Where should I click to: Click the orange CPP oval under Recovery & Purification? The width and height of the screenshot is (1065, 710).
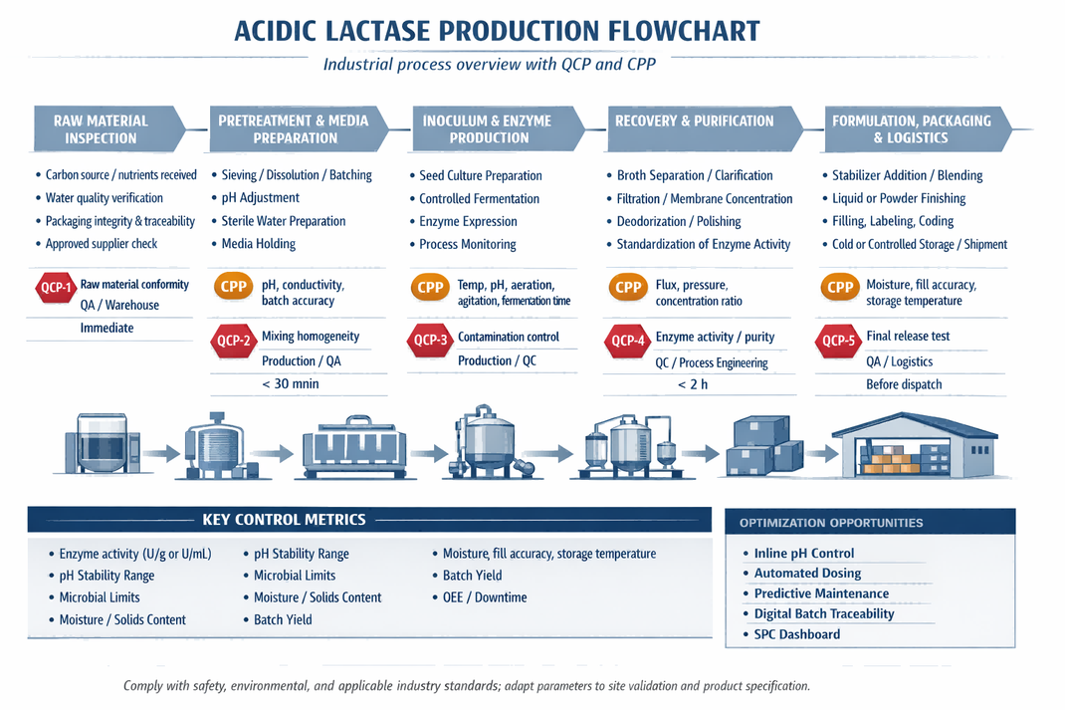click(x=628, y=288)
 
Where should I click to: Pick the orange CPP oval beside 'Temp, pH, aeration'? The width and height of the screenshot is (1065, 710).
click(x=430, y=288)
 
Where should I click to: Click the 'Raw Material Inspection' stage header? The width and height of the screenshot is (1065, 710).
click(x=101, y=129)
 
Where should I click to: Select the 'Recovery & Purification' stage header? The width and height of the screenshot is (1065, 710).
click(x=694, y=120)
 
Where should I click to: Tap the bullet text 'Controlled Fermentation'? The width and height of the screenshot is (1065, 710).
click(x=479, y=198)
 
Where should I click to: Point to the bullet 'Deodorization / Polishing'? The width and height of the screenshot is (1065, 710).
click(x=679, y=221)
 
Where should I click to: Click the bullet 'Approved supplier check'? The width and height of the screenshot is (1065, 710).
click(x=101, y=244)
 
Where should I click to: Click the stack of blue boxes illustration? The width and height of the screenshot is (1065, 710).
click(x=763, y=445)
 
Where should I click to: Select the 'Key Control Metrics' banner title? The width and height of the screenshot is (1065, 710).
click(x=284, y=520)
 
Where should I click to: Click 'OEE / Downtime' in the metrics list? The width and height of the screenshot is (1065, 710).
click(x=485, y=597)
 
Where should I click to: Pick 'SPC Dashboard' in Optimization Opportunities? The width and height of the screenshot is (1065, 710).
click(x=796, y=634)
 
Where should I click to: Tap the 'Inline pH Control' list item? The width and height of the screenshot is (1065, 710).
click(x=803, y=554)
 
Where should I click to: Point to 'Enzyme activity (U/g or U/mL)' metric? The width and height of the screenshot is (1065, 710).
click(x=134, y=554)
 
